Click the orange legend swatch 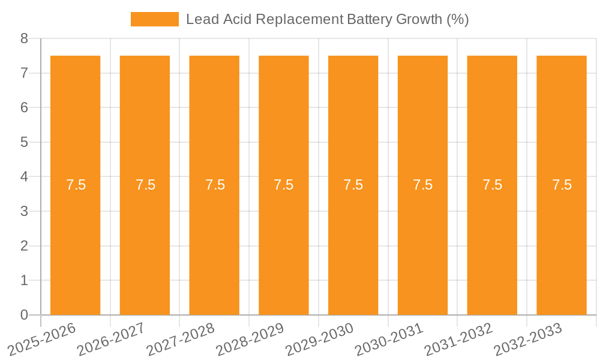[154, 19]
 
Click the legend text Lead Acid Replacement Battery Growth [327, 19]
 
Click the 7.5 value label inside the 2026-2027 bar [145, 185]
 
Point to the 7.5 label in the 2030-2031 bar [423, 185]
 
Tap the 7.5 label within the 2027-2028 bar [215, 185]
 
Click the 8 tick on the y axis [24, 39]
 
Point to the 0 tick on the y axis [24, 315]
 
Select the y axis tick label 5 [24, 143]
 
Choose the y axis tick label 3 [24, 212]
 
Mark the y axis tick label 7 [24, 73]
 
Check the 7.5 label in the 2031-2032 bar [492, 185]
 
